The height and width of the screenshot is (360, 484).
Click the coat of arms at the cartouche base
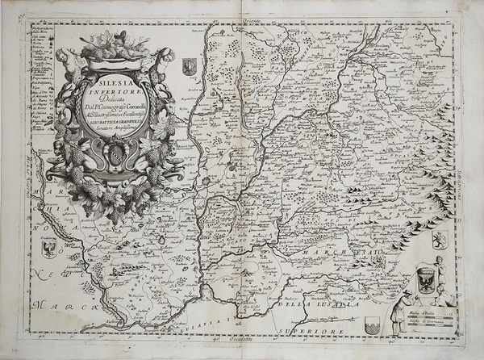[x=117, y=153]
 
